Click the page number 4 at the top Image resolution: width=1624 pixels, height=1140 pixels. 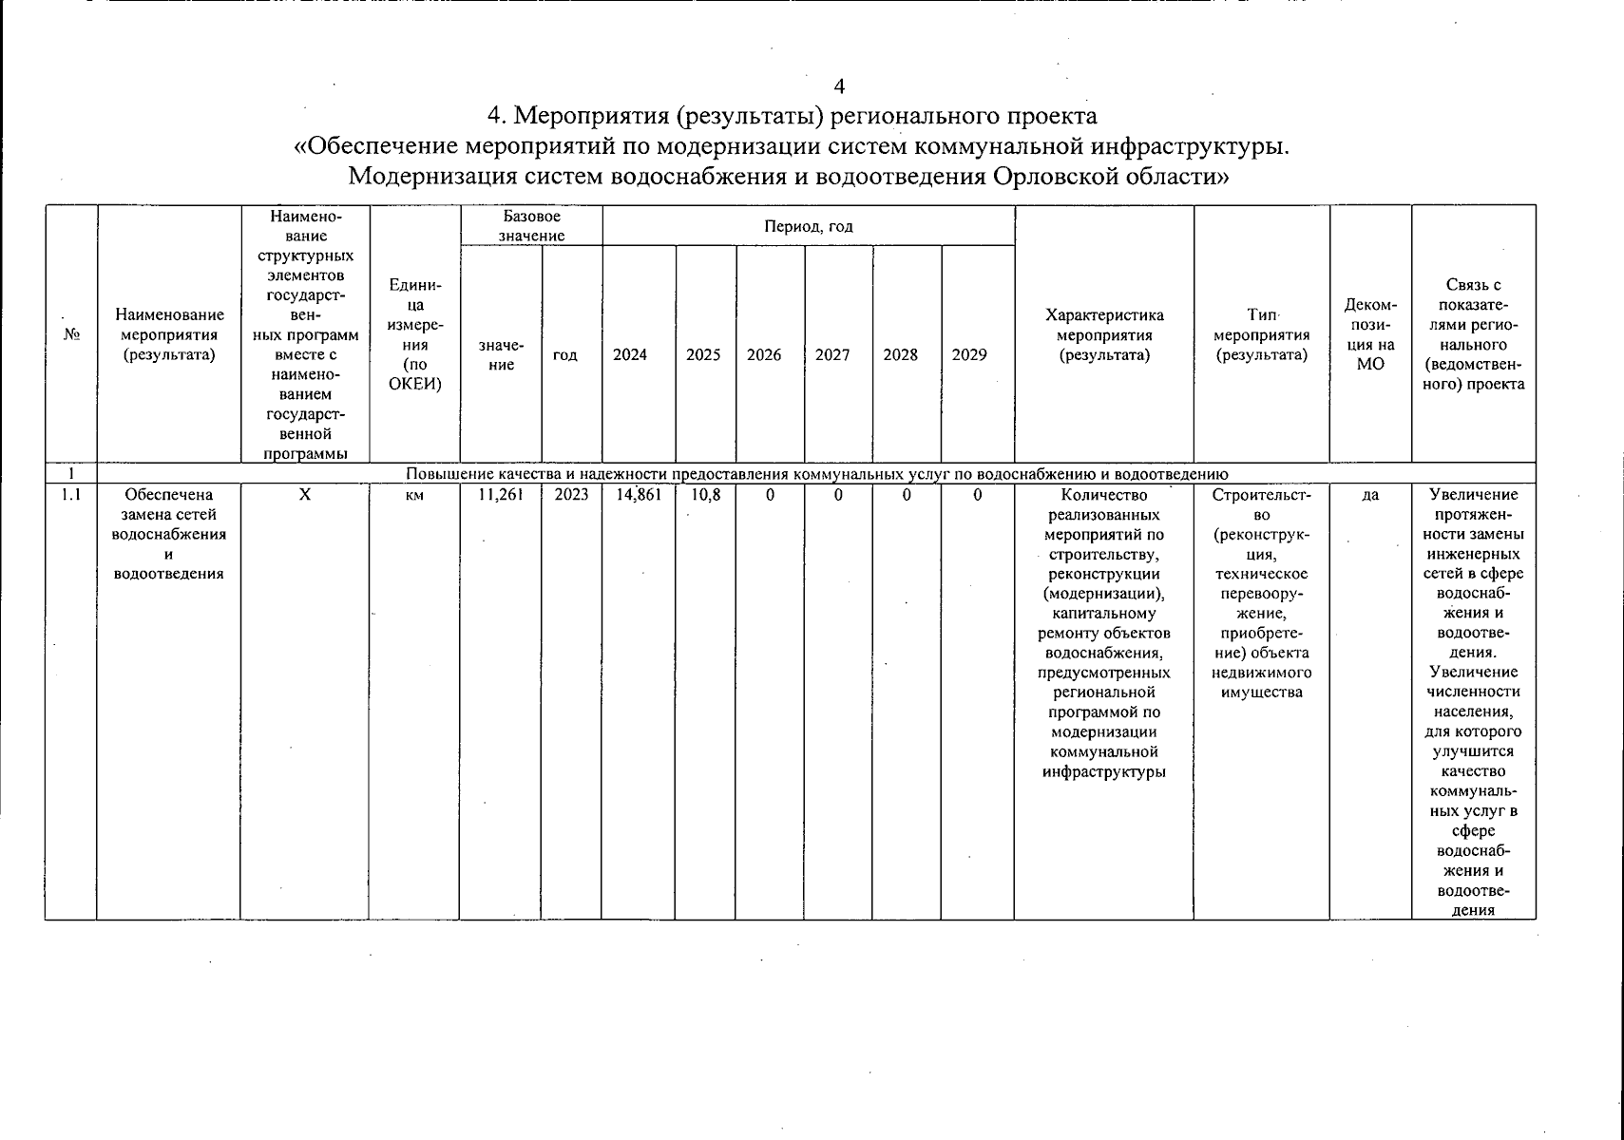839,86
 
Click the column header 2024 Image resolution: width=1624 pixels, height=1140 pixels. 629,354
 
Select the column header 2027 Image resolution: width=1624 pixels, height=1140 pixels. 832,354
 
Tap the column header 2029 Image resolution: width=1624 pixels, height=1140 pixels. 969,354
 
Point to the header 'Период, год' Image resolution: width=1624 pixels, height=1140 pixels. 809,226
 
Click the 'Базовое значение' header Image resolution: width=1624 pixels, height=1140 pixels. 531,226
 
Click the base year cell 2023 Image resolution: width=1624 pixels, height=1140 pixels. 571,494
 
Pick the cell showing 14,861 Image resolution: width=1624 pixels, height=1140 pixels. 639,494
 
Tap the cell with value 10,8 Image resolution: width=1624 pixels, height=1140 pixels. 705,494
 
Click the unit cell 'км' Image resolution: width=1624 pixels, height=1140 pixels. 413,494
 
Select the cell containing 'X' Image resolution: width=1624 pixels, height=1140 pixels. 304,494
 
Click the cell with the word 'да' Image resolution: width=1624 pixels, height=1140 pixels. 1370,494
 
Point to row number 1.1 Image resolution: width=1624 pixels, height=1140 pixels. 70,494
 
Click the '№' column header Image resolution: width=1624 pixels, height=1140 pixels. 70,334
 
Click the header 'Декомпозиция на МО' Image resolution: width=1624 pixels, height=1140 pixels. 1370,334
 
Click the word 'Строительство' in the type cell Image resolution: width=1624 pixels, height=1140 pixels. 1262,504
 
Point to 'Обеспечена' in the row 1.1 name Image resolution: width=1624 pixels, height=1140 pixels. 169,494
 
